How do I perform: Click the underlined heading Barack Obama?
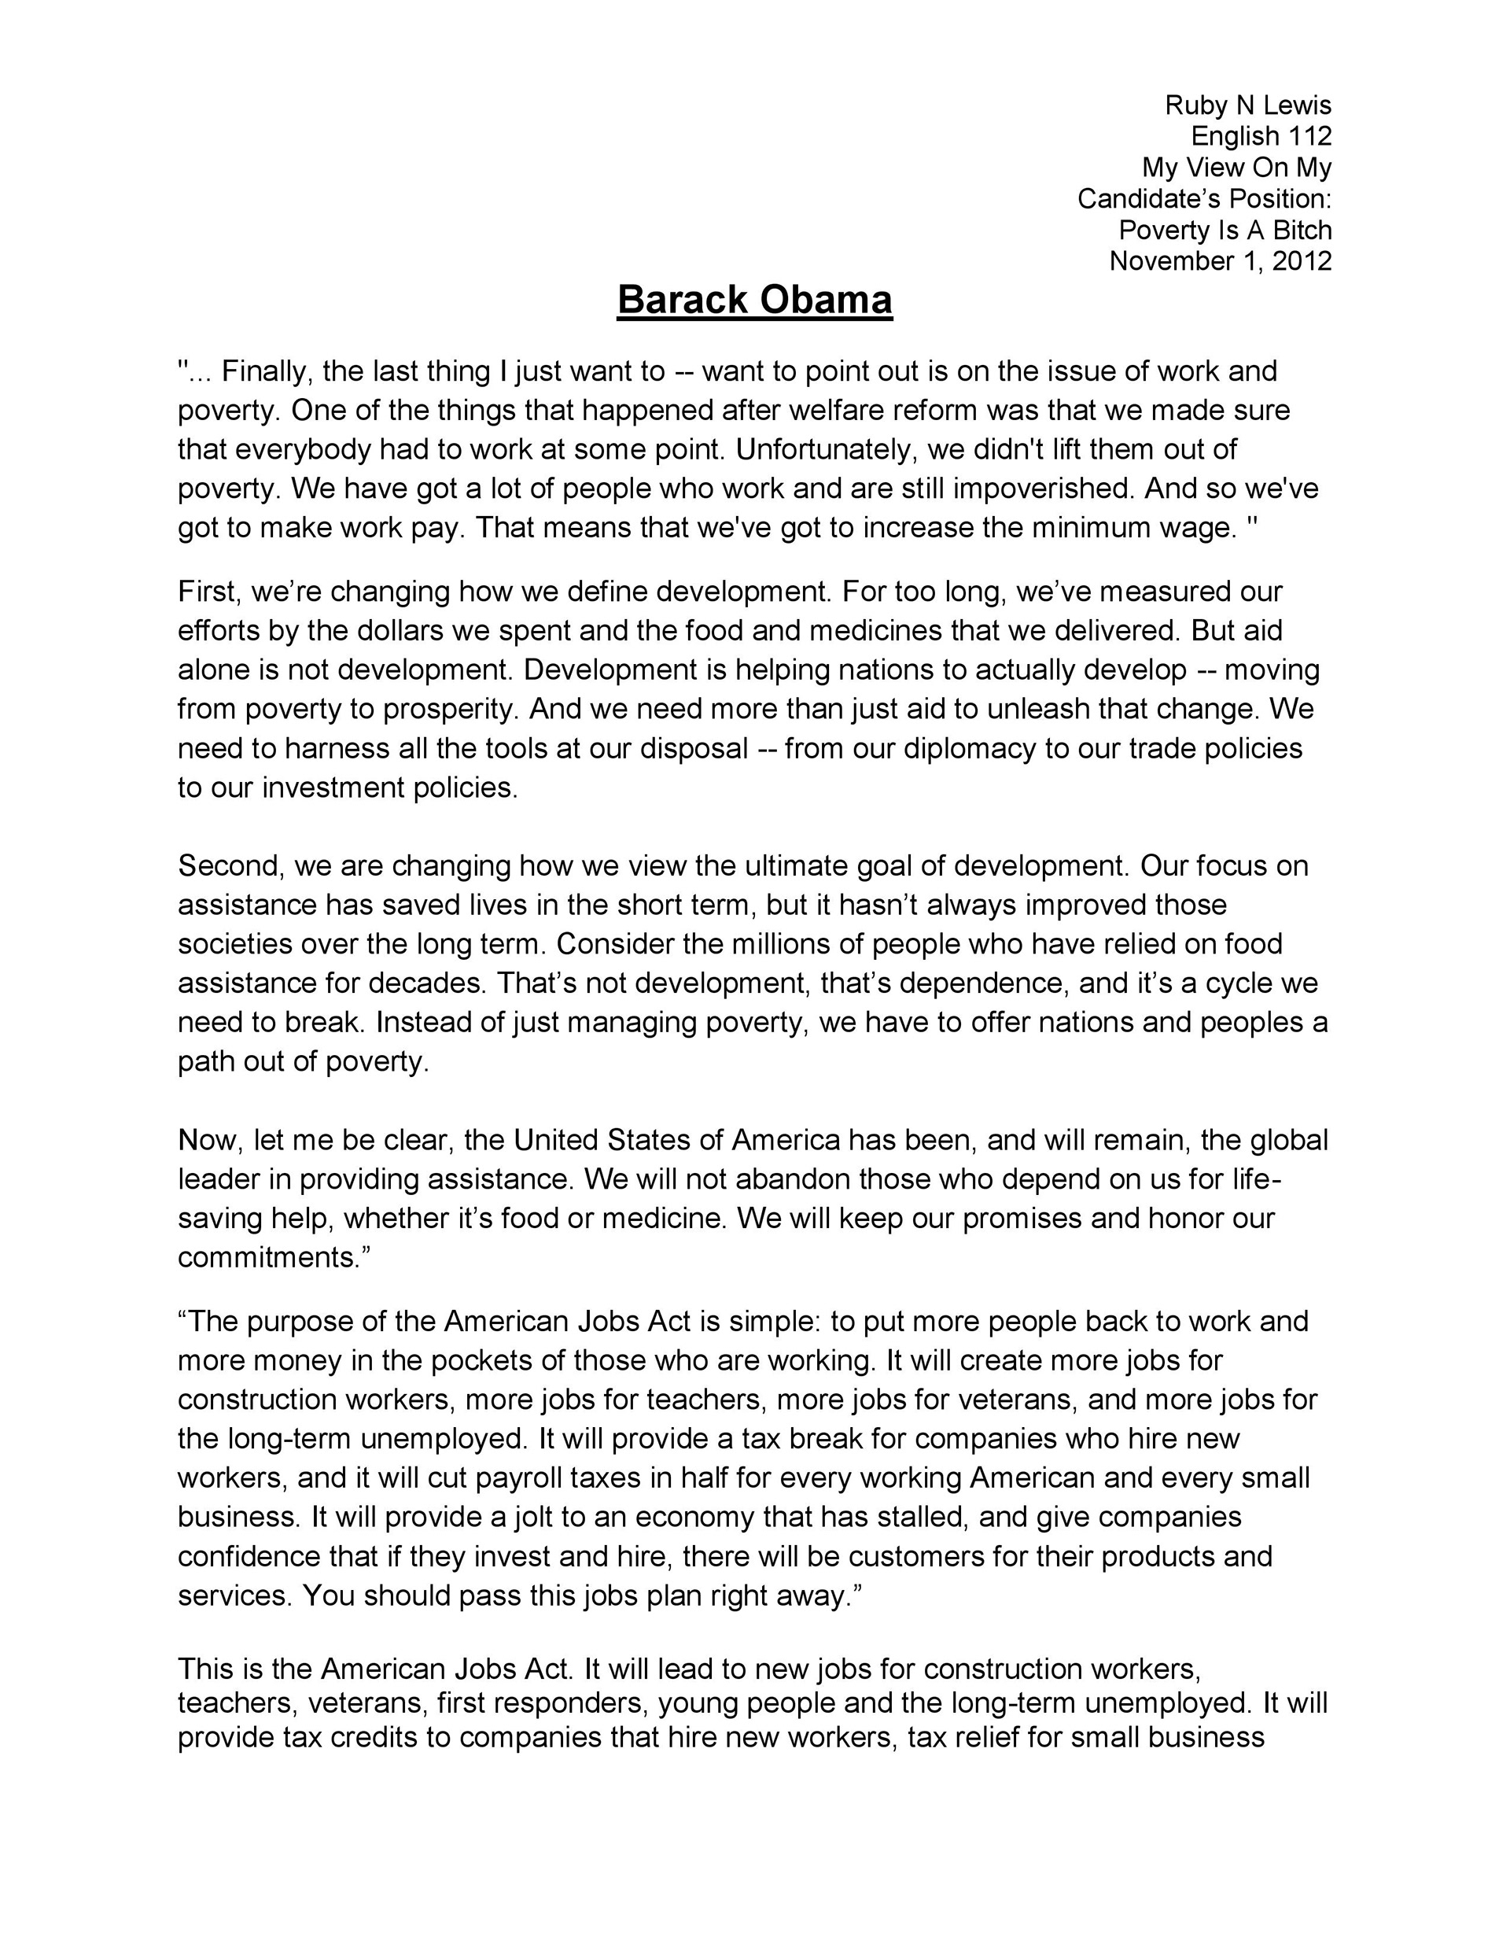[x=754, y=300]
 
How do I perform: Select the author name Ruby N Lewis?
[x=1248, y=105]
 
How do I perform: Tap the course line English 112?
[x=1261, y=136]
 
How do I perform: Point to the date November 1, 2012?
[x=1220, y=260]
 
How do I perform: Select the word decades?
[x=429, y=983]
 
